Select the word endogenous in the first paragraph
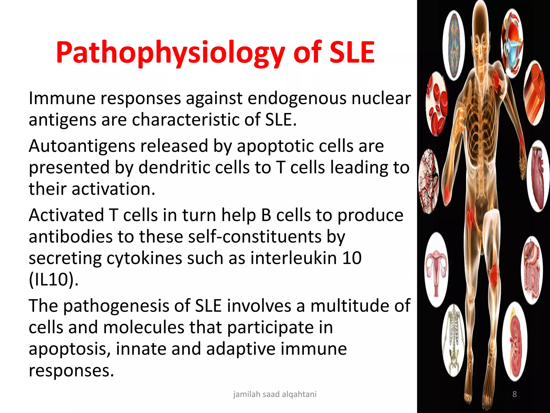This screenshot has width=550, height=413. click(296, 98)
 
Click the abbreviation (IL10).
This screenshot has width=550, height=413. click(53, 280)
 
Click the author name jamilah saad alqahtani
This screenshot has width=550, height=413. click(274, 394)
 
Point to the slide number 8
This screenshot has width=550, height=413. click(515, 394)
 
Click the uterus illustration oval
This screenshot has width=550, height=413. click(437, 269)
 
